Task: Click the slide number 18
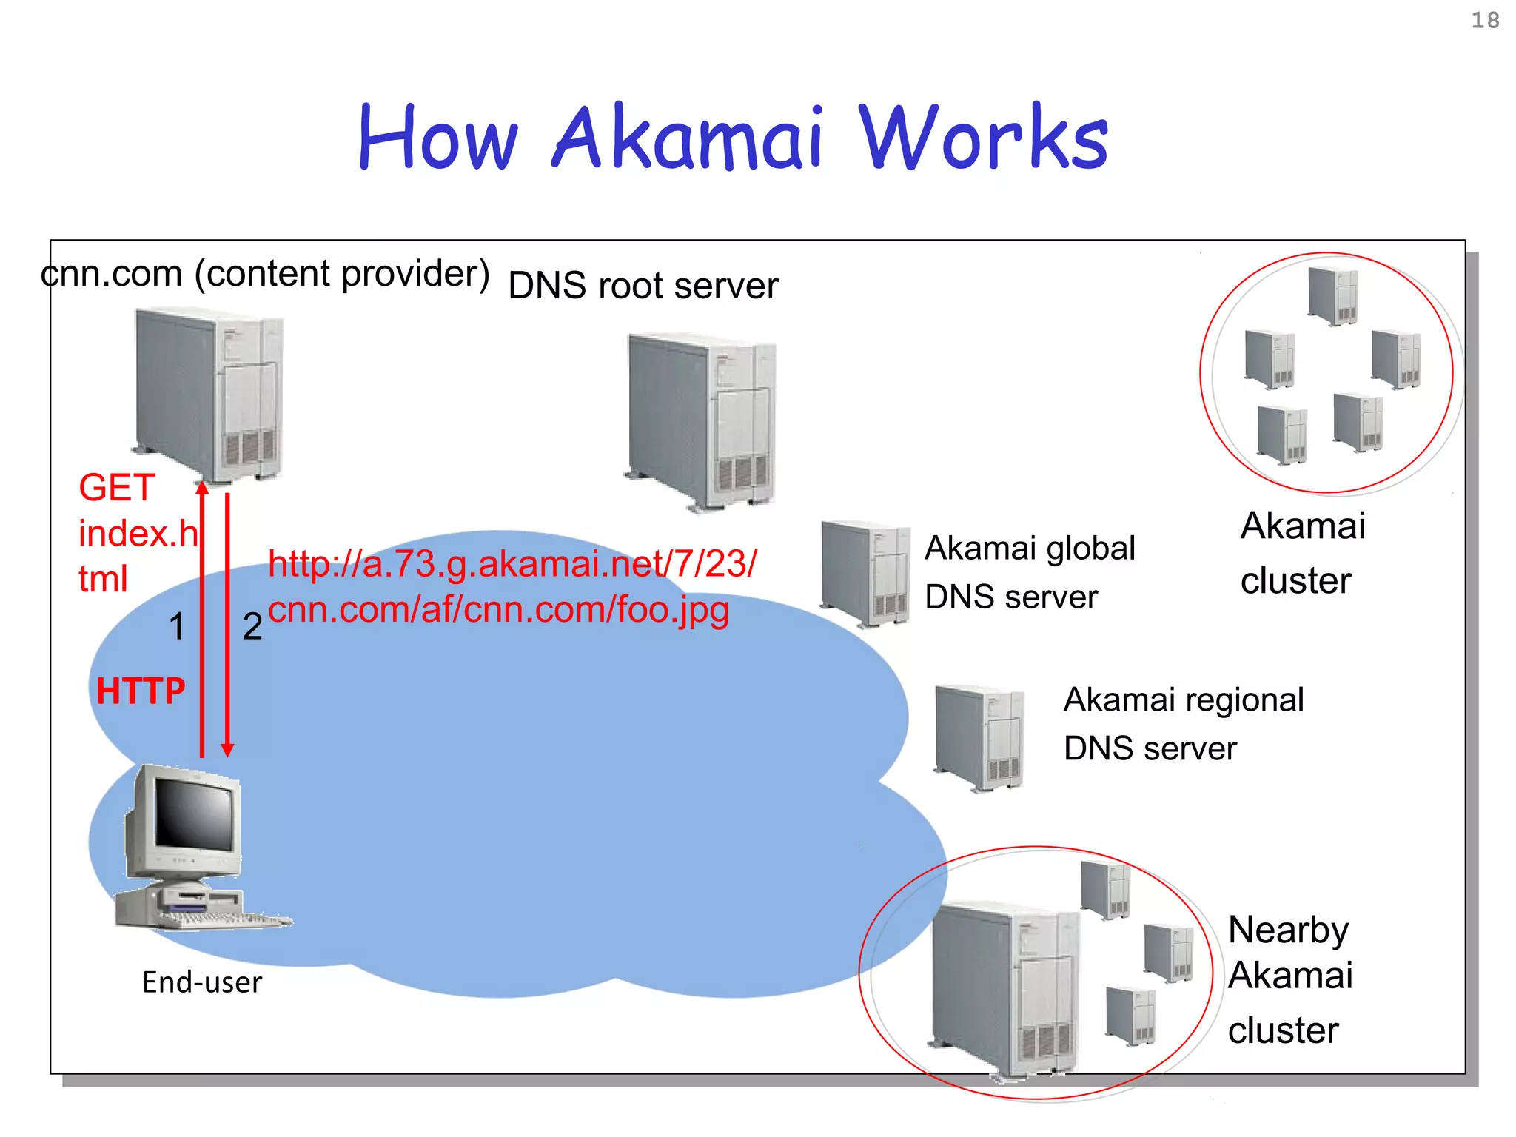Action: (x=1484, y=20)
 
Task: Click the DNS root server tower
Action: (x=702, y=422)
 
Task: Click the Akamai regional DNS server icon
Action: (x=979, y=737)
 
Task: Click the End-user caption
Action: (x=202, y=982)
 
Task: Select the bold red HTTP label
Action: (x=141, y=691)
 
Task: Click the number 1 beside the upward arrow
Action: (x=176, y=627)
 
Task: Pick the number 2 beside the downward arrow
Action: (x=252, y=627)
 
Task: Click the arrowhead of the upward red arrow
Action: (x=202, y=487)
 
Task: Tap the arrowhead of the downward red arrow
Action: (x=228, y=749)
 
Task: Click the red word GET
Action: (x=116, y=488)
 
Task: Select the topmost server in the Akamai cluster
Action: (x=1333, y=296)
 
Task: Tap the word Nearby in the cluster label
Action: (x=1288, y=930)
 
